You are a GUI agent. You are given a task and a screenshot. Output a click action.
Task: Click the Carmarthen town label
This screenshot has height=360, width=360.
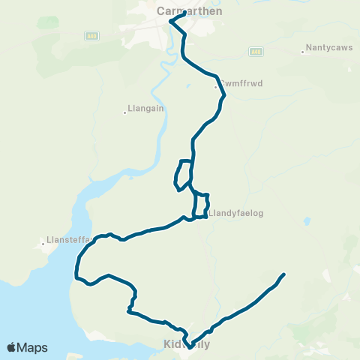pos(180,12)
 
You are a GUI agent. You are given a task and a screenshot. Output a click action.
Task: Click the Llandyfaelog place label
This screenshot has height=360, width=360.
pos(236,212)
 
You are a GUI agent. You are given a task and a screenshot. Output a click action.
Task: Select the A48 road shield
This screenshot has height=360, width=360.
pos(255,51)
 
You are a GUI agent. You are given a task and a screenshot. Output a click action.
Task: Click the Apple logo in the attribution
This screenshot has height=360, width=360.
pos(11,347)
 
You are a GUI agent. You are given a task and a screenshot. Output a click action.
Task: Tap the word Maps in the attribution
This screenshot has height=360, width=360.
pos(32,347)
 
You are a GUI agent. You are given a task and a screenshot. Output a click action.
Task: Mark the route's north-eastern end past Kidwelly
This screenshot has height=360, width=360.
pos(284,274)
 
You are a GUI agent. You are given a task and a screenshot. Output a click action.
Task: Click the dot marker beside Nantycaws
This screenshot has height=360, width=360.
pos(302,52)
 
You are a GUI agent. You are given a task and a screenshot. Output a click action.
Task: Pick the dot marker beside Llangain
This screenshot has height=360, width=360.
pos(125,113)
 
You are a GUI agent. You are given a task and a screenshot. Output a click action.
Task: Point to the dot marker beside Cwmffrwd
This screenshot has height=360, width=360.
pos(215,88)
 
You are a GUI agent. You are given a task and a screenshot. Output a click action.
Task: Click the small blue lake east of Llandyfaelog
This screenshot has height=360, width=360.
pos(307,221)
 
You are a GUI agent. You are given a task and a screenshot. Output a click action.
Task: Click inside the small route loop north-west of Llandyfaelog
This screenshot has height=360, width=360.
pos(184,174)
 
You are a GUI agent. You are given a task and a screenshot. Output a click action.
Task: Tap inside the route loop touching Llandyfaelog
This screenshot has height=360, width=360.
pos(200,205)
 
